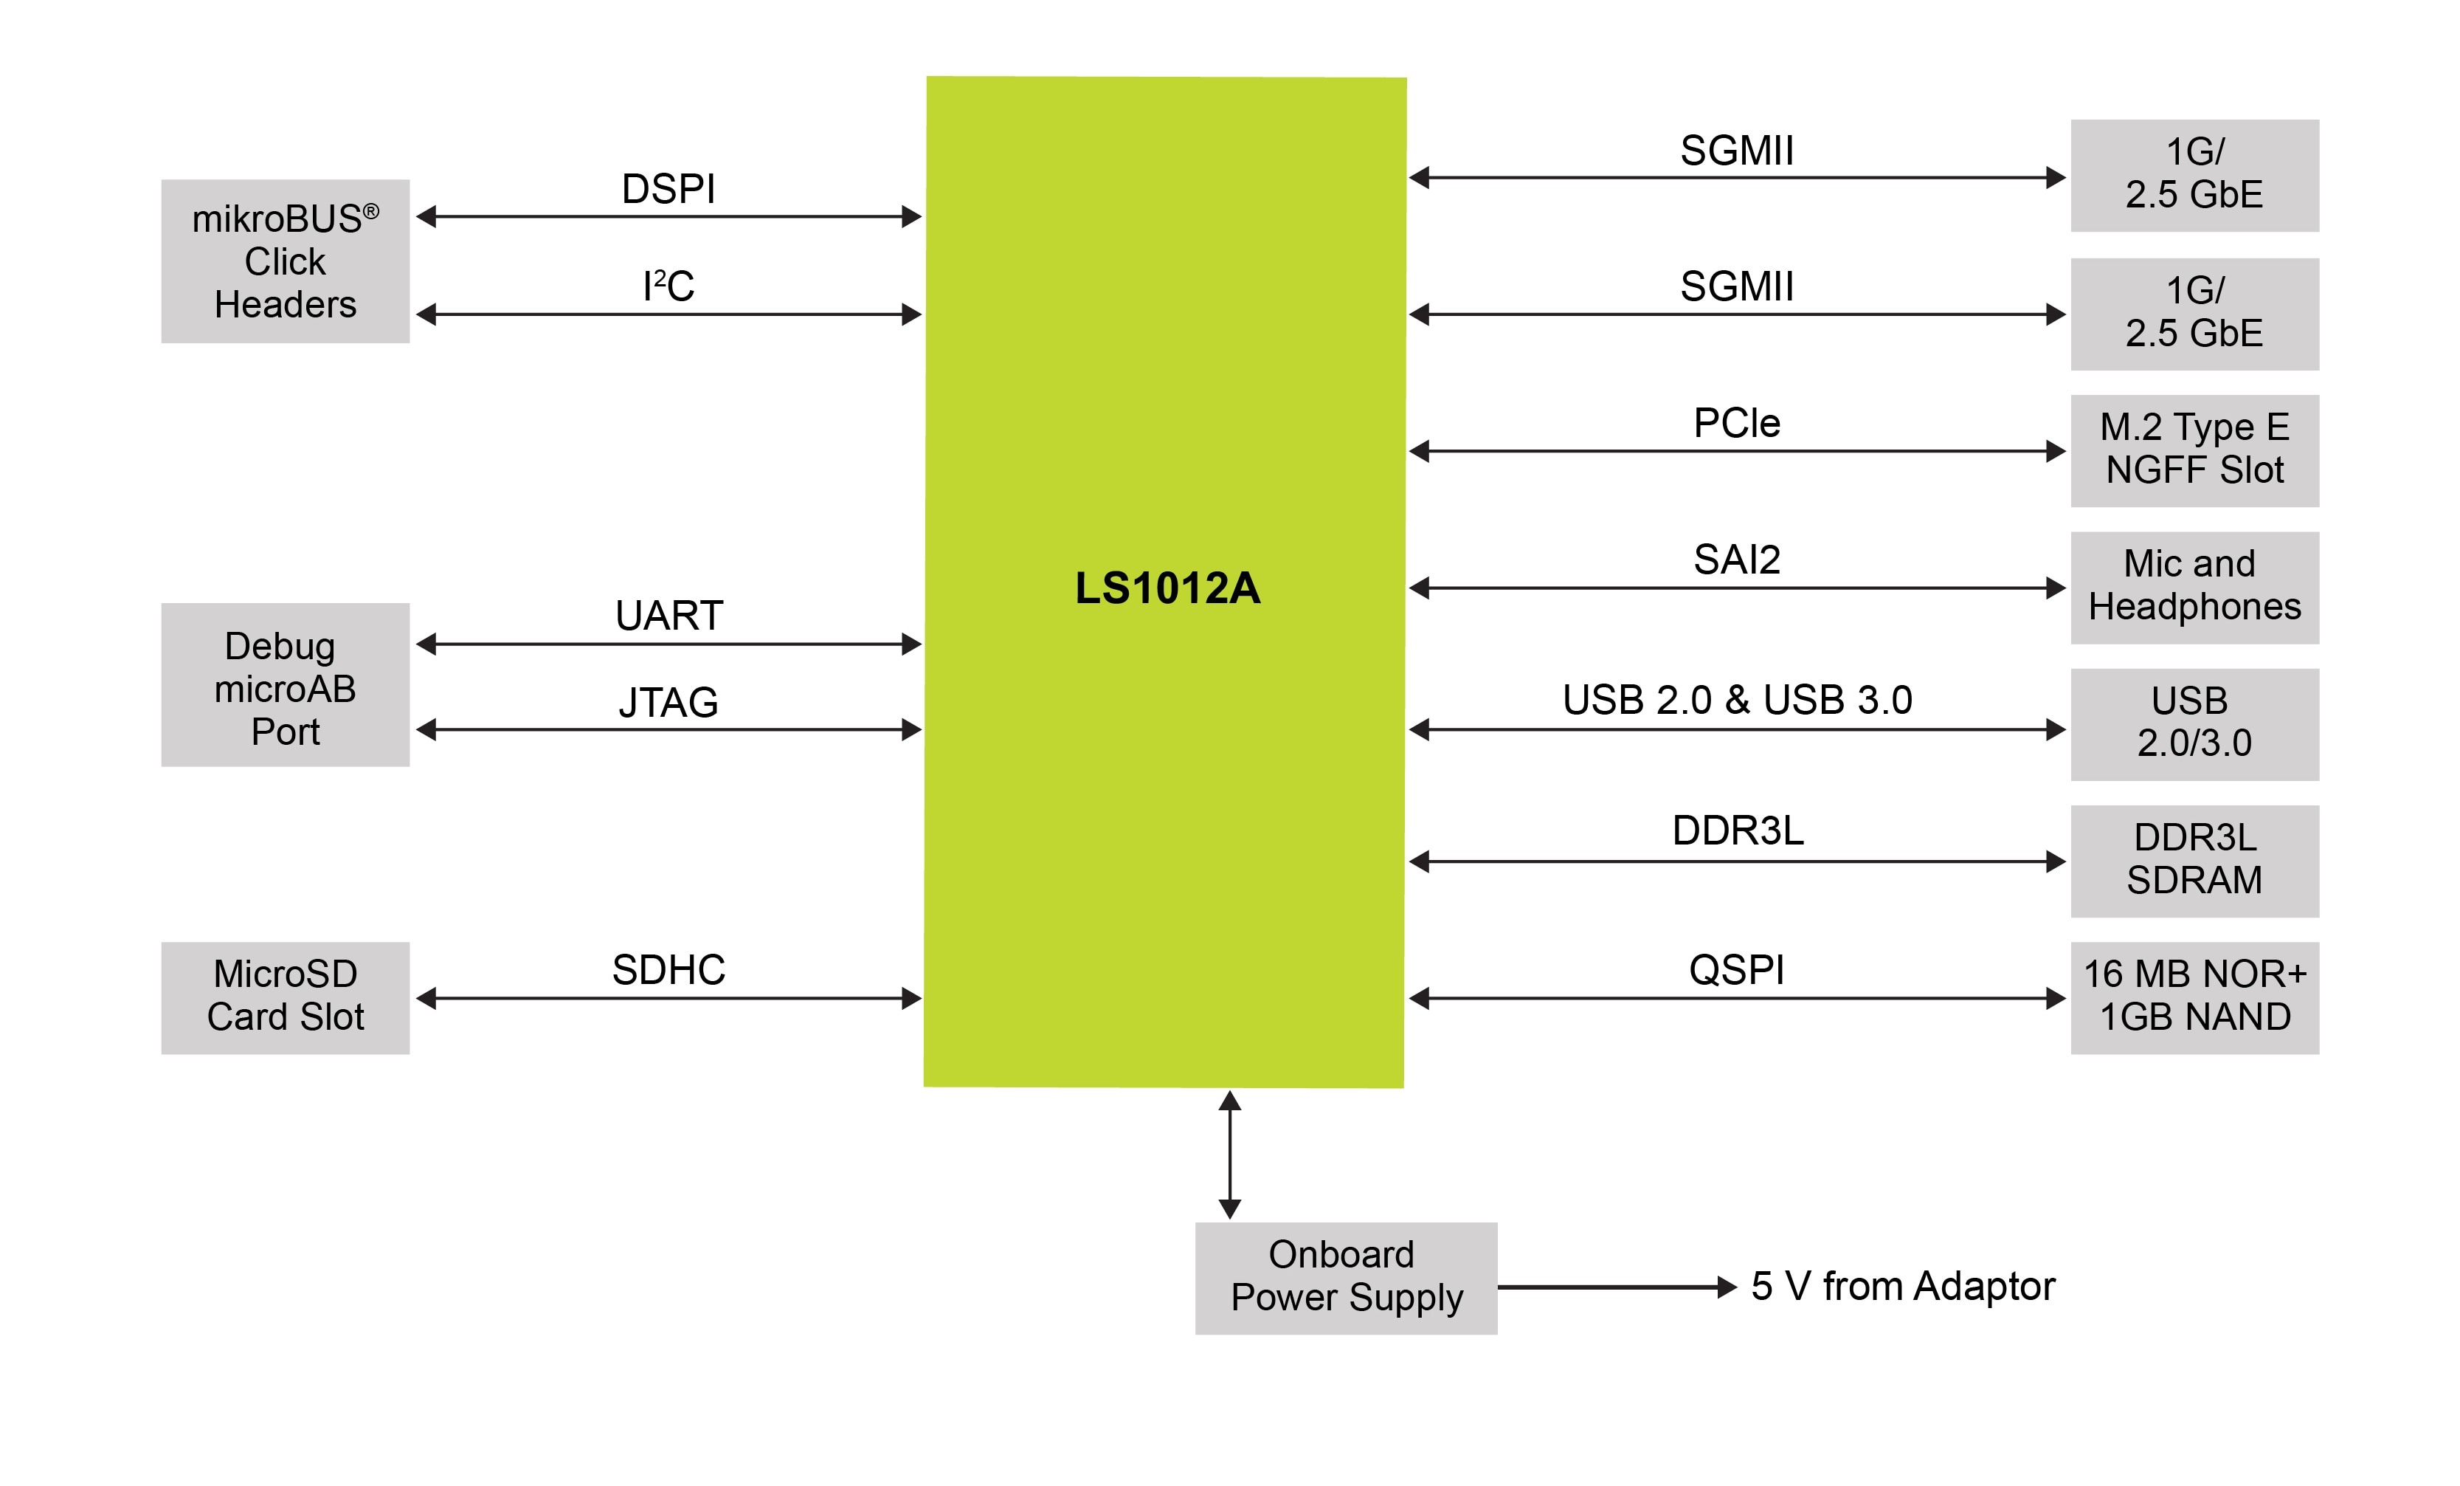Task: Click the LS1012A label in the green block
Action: [x=1167, y=588]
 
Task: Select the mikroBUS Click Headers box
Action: [x=286, y=261]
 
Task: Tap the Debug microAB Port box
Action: [x=286, y=685]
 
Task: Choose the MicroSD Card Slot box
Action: [x=286, y=997]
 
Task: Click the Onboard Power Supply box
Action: [x=1346, y=1277]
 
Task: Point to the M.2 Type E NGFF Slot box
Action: [x=2194, y=450]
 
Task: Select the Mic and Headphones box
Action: [x=2194, y=587]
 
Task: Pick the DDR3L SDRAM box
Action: [x=2194, y=861]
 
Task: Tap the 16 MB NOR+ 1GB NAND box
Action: [x=2194, y=997]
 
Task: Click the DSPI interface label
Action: [x=668, y=189]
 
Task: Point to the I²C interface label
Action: [x=668, y=286]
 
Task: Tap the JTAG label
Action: [x=668, y=703]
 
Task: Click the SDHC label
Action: [x=668, y=970]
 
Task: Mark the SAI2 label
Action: [x=1736, y=560]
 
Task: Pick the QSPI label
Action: [x=1736, y=970]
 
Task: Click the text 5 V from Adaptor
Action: [x=1903, y=1286]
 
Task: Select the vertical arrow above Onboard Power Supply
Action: [x=1230, y=1155]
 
